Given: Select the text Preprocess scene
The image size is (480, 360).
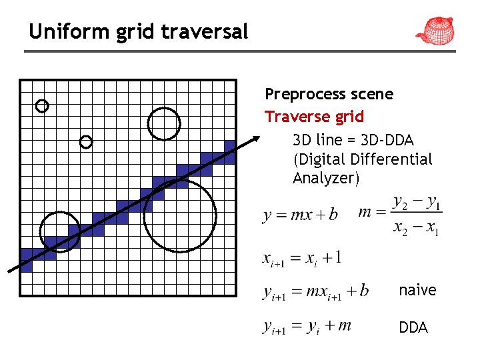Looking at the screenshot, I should click(x=329, y=94).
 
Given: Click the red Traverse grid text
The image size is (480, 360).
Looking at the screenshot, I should click(x=314, y=117).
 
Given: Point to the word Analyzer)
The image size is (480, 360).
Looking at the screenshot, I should click(x=325, y=178).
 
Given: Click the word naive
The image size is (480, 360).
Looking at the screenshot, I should click(x=417, y=290).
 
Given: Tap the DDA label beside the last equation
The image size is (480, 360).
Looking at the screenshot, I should click(x=413, y=328).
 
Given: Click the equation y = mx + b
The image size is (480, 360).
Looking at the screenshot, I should click(x=300, y=215).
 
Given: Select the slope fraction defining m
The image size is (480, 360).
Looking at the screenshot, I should click(x=401, y=214).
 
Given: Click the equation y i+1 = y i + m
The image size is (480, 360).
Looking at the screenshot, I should click(x=307, y=326).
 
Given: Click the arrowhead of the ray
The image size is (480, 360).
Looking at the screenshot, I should click(x=256, y=139).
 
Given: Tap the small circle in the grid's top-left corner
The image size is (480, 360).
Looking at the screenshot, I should click(x=42, y=105).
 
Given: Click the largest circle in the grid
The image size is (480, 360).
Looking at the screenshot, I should click(x=180, y=215).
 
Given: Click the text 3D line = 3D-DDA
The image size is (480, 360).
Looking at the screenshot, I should click(x=353, y=140).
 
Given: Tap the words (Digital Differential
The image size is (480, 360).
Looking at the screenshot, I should click(x=362, y=159).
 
